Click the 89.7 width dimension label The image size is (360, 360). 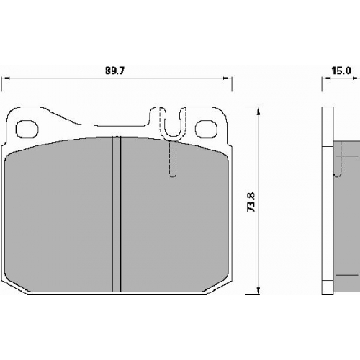(114, 71)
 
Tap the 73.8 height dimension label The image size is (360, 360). (251, 202)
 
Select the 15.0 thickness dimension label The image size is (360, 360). (341, 71)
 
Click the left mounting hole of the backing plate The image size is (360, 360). (27, 129)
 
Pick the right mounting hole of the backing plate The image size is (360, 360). (206, 129)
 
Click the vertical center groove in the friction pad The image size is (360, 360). (117, 214)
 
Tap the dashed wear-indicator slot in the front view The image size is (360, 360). (173, 158)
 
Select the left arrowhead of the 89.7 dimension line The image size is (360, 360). (5, 78)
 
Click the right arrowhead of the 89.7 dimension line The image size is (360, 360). (228, 78)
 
